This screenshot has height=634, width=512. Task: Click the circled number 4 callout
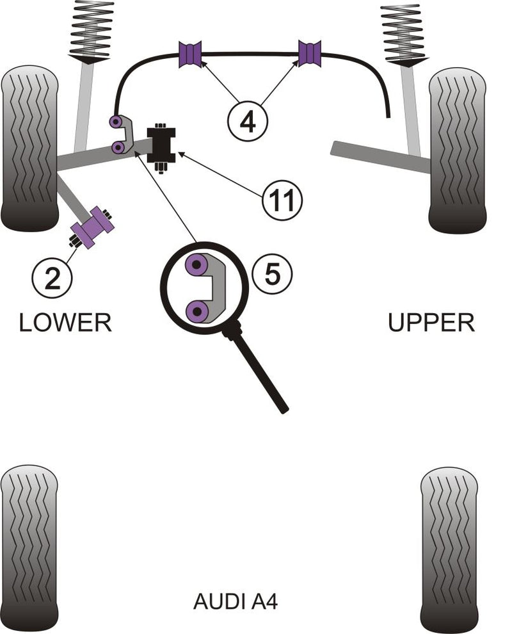click(248, 120)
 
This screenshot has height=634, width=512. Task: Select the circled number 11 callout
click(281, 200)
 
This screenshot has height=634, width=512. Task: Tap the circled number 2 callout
click(52, 277)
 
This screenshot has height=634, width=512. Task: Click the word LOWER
click(65, 321)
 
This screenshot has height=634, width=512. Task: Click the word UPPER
click(431, 321)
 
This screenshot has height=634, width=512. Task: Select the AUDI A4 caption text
click(236, 601)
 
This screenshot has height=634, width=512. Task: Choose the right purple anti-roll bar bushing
click(310, 53)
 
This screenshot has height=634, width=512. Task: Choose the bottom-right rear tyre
click(449, 549)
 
